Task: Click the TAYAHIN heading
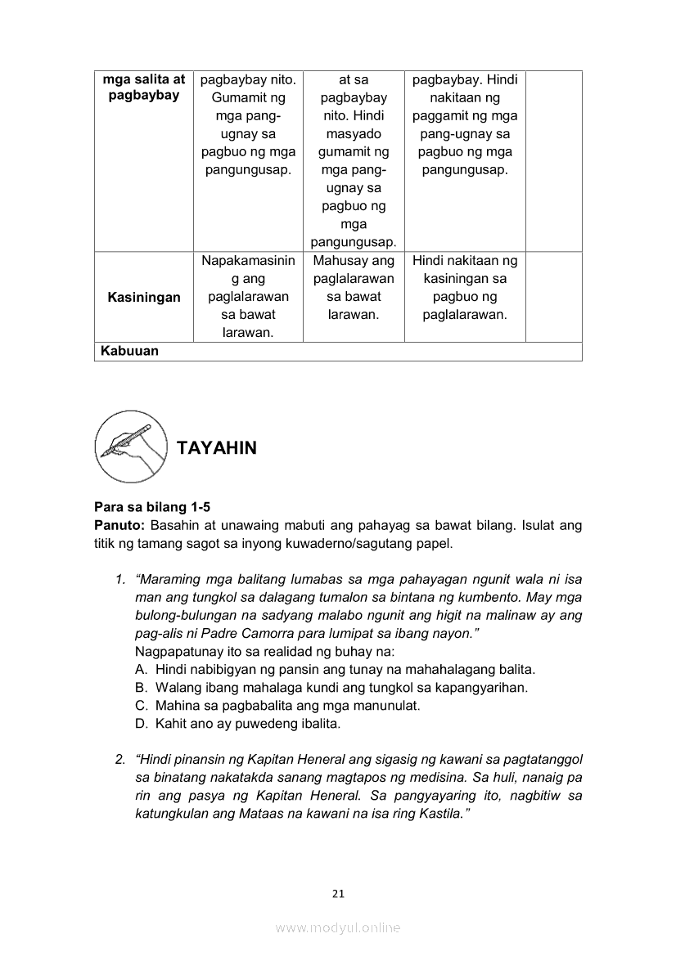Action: [x=216, y=448]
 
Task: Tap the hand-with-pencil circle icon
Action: [x=131, y=447]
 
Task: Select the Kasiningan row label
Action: [x=144, y=297]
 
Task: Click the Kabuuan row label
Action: [x=129, y=352]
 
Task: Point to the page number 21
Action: [x=338, y=894]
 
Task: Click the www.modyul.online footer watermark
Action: [x=338, y=928]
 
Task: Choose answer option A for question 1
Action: [x=336, y=669]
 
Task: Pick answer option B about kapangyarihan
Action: [x=331, y=687]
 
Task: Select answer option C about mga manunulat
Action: [x=277, y=705]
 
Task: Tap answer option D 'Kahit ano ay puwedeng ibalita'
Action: [x=237, y=724]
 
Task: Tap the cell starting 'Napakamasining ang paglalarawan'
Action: [x=248, y=297]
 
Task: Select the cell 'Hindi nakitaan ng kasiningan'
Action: [x=465, y=288]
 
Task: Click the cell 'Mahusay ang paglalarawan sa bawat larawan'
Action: [x=354, y=288]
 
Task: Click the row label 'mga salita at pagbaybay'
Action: [x=144, y=88]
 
